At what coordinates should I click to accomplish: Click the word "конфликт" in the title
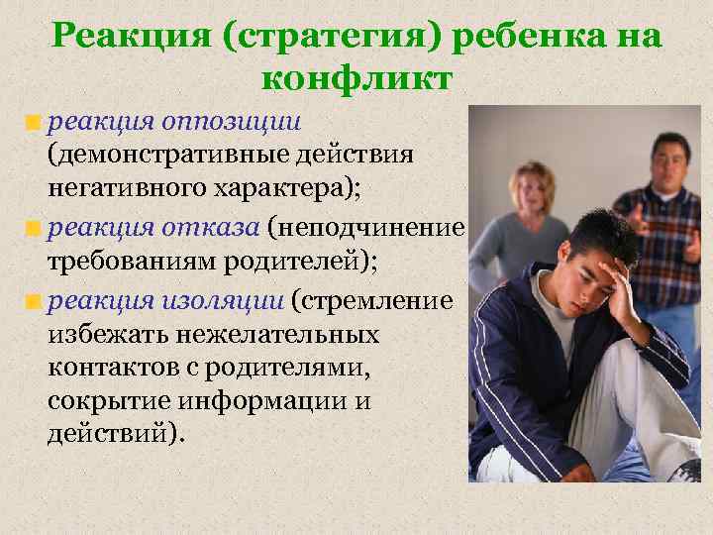point(356,76)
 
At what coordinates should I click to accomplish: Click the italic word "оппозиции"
point(243,122)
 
